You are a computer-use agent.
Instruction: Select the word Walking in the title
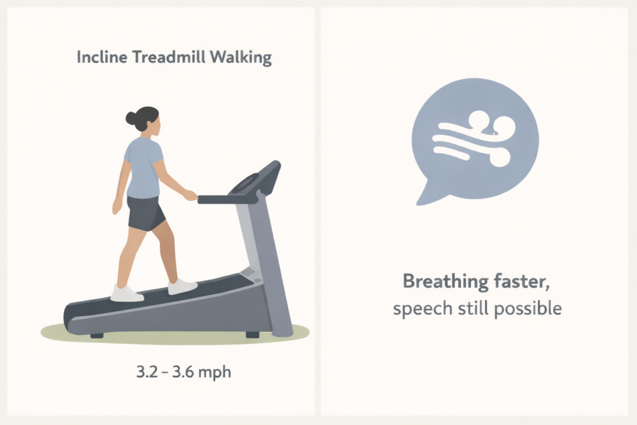tap(241, 58)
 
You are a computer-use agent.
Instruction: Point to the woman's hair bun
tap(131, 118)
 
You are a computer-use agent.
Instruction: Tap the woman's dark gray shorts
tap(146, 212)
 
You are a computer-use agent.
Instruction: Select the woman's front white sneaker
tap(182, 287)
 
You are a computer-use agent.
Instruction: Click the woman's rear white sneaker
tap(127, 293)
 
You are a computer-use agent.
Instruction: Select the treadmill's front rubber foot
tap(252, 335)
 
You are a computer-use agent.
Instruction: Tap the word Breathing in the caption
tap(445, 282)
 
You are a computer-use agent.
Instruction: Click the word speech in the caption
tap(417, 308)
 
